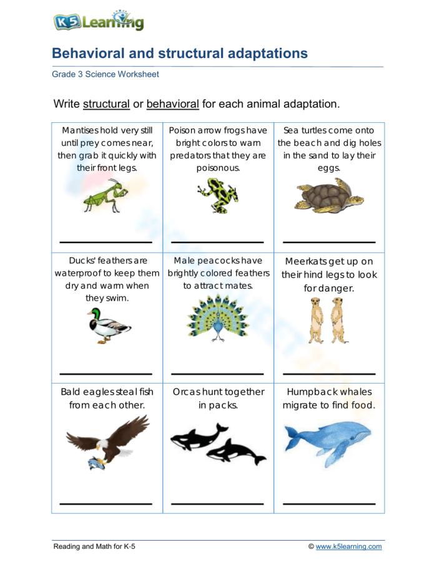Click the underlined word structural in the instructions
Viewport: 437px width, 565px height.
click(x=106, y=104)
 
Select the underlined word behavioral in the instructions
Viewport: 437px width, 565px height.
click(x=172, y=104)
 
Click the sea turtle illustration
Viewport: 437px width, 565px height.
click(x=328, y=197)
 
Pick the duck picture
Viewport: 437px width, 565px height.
click(x=108, y=326)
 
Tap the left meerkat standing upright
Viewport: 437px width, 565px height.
click(x=316, y=319)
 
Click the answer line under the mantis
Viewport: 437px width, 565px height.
click(x=106, y=242)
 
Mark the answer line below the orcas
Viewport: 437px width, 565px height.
click(x=217, y=503)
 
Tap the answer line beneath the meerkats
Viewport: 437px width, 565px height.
click(x=329, y=374)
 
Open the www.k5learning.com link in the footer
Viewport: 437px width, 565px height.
click(x=348, y=547)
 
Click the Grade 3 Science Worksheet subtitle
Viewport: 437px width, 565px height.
click(x=106, y=74)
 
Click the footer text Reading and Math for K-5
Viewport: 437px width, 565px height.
click(x=94, y=547)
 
